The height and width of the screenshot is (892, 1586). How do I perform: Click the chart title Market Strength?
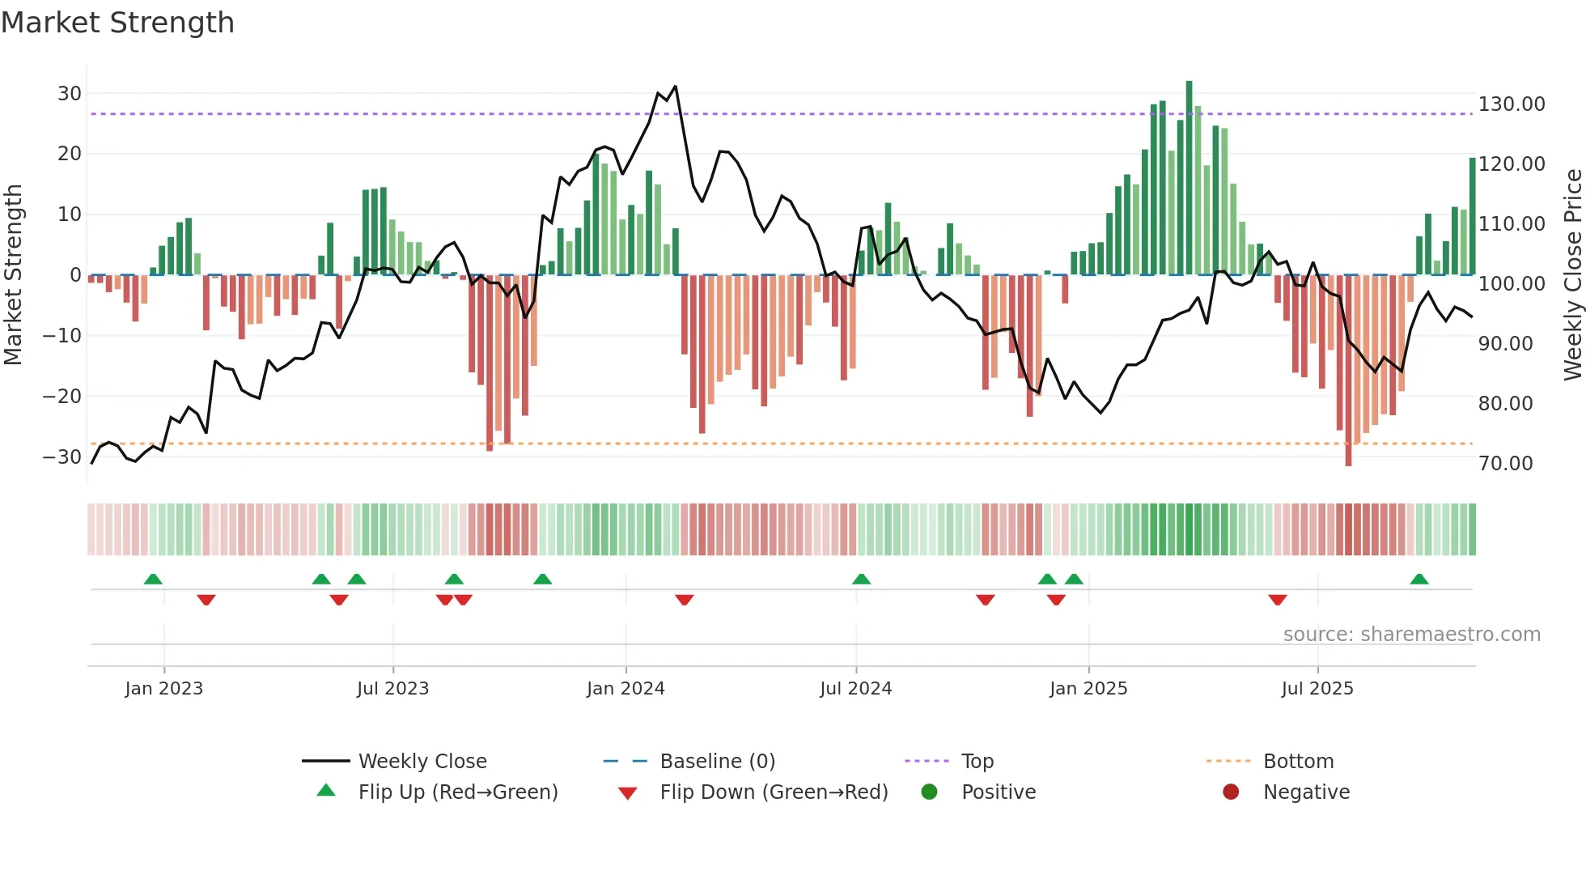coord(117,23)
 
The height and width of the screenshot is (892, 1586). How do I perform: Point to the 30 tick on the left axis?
coord(70,93)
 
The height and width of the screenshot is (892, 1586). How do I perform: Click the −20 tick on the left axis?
coord(62,396)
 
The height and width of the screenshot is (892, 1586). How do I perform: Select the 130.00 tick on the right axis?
coord(1511,104)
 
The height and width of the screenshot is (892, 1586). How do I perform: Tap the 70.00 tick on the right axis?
coord(1505,463)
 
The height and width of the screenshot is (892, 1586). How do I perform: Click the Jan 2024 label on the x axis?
coord(625,689)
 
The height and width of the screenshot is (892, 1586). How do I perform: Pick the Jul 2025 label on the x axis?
coord(1317,689)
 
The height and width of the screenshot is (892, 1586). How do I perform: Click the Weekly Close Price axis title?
coord(1572,274)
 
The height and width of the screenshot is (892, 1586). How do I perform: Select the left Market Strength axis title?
coord(14,274)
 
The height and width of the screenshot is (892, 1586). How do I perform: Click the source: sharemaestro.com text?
coord(1411,635)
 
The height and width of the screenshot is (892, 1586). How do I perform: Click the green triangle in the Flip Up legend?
coord(326,791)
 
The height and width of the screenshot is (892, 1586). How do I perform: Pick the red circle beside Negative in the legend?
coord(1230,792)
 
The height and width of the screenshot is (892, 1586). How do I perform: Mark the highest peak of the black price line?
coord(675,87)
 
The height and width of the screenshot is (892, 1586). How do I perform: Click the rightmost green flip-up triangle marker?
coord(1418,580)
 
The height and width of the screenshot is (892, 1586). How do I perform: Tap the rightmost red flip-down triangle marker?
coord(1277,600)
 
